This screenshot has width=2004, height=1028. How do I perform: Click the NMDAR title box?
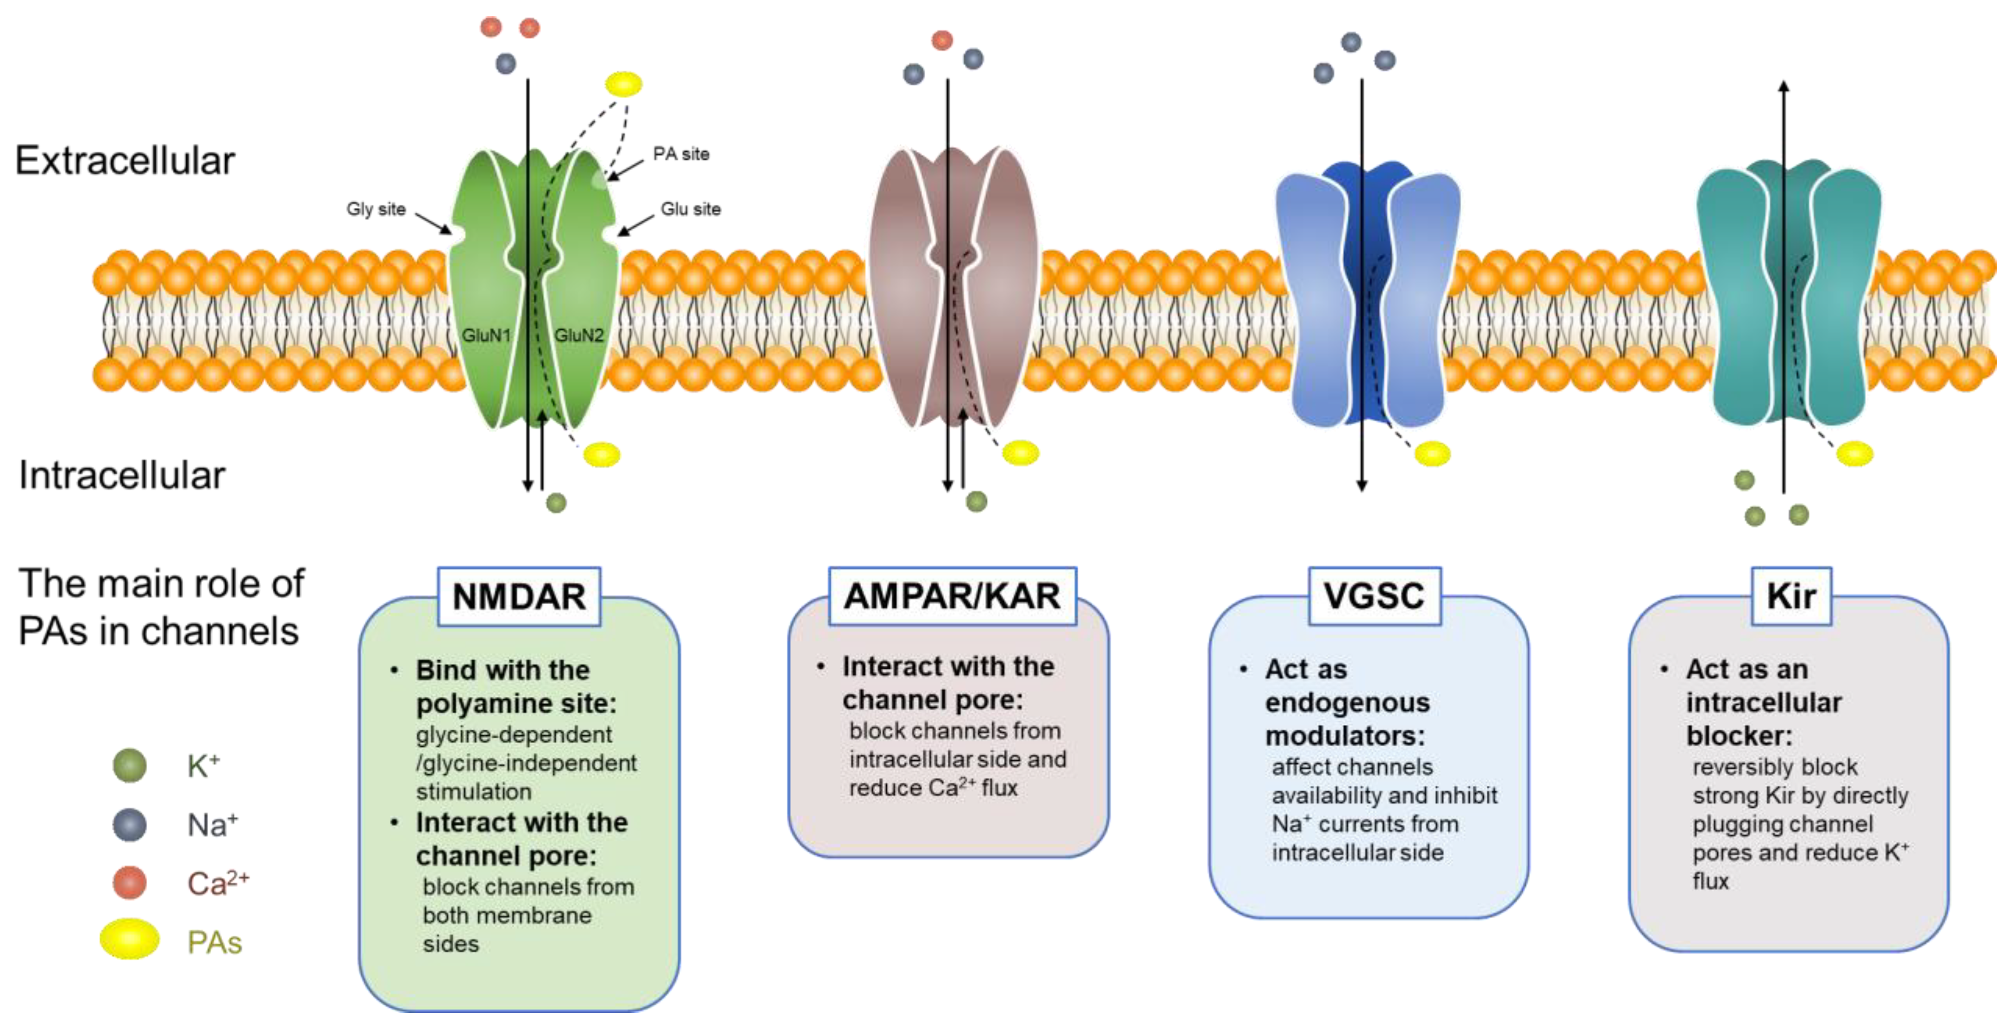(x=519, y=596)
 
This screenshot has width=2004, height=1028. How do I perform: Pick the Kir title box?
(x=1791, y=596)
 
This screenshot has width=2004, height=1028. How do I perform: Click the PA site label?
(x=681, y=154)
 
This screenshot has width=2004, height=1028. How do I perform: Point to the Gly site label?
(x=376, y=209)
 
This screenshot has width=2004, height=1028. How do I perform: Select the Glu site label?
(x=690, y=209)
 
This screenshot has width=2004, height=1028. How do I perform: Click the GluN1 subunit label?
(x=486, y=335)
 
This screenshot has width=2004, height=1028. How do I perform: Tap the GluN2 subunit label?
(x=578, y=335)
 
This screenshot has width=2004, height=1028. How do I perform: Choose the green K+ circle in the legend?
(x=129, y=765)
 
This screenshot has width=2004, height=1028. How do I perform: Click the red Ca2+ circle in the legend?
(x=129, y=882)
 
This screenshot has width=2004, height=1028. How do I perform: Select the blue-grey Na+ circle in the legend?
(x=129, y=824)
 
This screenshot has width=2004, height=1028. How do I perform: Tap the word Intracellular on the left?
(x=122, y=475)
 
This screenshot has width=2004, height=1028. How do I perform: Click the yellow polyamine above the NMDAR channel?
(x=623, y=83)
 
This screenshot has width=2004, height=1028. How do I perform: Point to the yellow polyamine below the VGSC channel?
(x=1432, y=453)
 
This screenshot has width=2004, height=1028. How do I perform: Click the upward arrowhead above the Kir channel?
(x=1784, y=86)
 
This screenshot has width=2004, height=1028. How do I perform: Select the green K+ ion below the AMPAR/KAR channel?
(x=976, y=502)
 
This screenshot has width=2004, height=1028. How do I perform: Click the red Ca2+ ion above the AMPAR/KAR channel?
(x=942, y=40)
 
